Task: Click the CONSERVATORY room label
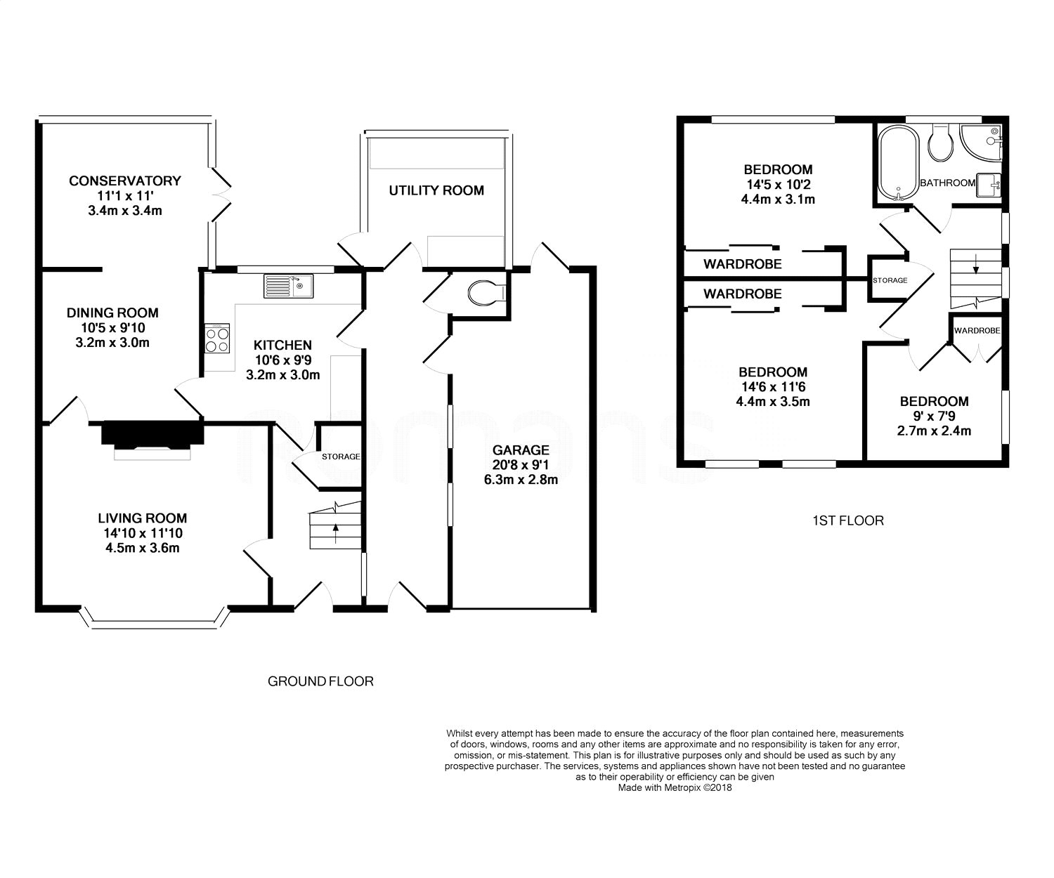pos(124,181)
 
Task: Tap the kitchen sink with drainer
pos(288,286)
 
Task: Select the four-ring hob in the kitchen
pos(217,338)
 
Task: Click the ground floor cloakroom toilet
pos(487,293)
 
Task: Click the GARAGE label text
pos(521,450)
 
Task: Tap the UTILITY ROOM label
pos(436,190)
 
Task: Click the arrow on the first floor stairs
pos(975,264)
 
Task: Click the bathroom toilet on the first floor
pos(941,143)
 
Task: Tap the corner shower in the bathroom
pos(981,143)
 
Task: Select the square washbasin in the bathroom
pos(989,185)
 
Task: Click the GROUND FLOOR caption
pos(320,681)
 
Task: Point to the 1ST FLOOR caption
pos(848,520)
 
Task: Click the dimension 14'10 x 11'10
pos(143,533)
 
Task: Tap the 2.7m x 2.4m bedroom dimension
pos(934,431)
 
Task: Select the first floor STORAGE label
pos(890,280)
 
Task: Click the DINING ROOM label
pos(112,313)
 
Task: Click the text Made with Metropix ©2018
pos(675,787)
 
